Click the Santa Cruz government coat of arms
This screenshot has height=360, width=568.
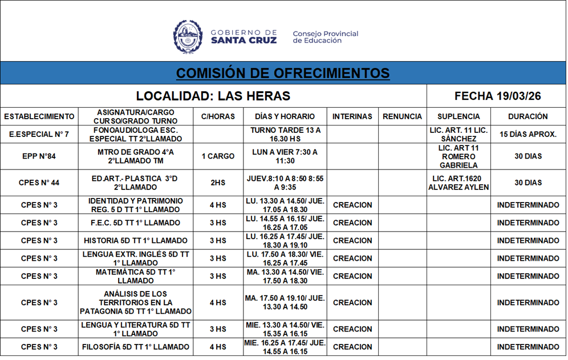(188, 37)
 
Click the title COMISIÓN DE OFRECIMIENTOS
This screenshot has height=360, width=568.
(283, 73)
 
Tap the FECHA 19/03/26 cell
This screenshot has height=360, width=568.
(497, 96)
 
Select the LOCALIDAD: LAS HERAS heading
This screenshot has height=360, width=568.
(213, 96)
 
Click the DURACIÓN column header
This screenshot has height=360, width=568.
(528, 116)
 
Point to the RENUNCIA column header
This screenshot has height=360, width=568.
(402, 116)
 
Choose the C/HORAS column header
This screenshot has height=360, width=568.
(218, 116)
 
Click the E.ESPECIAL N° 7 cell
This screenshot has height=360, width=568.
(39, 135)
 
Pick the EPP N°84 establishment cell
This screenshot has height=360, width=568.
(39, 156)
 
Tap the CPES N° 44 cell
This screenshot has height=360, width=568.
(39, 183)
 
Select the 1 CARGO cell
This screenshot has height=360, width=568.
(218, 156)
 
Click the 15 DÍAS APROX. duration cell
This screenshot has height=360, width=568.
(528, 135)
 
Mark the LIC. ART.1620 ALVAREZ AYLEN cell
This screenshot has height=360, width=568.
(459, 183)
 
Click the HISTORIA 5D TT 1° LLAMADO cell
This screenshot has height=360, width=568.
(136, 240)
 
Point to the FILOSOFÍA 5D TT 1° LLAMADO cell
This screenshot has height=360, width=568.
(136, 347)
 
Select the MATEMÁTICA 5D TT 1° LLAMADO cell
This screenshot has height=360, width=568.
(136, 276)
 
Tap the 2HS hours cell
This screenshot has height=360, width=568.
(218, 183)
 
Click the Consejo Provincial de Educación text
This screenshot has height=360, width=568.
(325, 37)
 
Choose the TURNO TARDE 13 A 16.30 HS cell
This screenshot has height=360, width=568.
(285, 135)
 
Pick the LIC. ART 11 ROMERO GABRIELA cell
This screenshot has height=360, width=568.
(459, 156)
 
